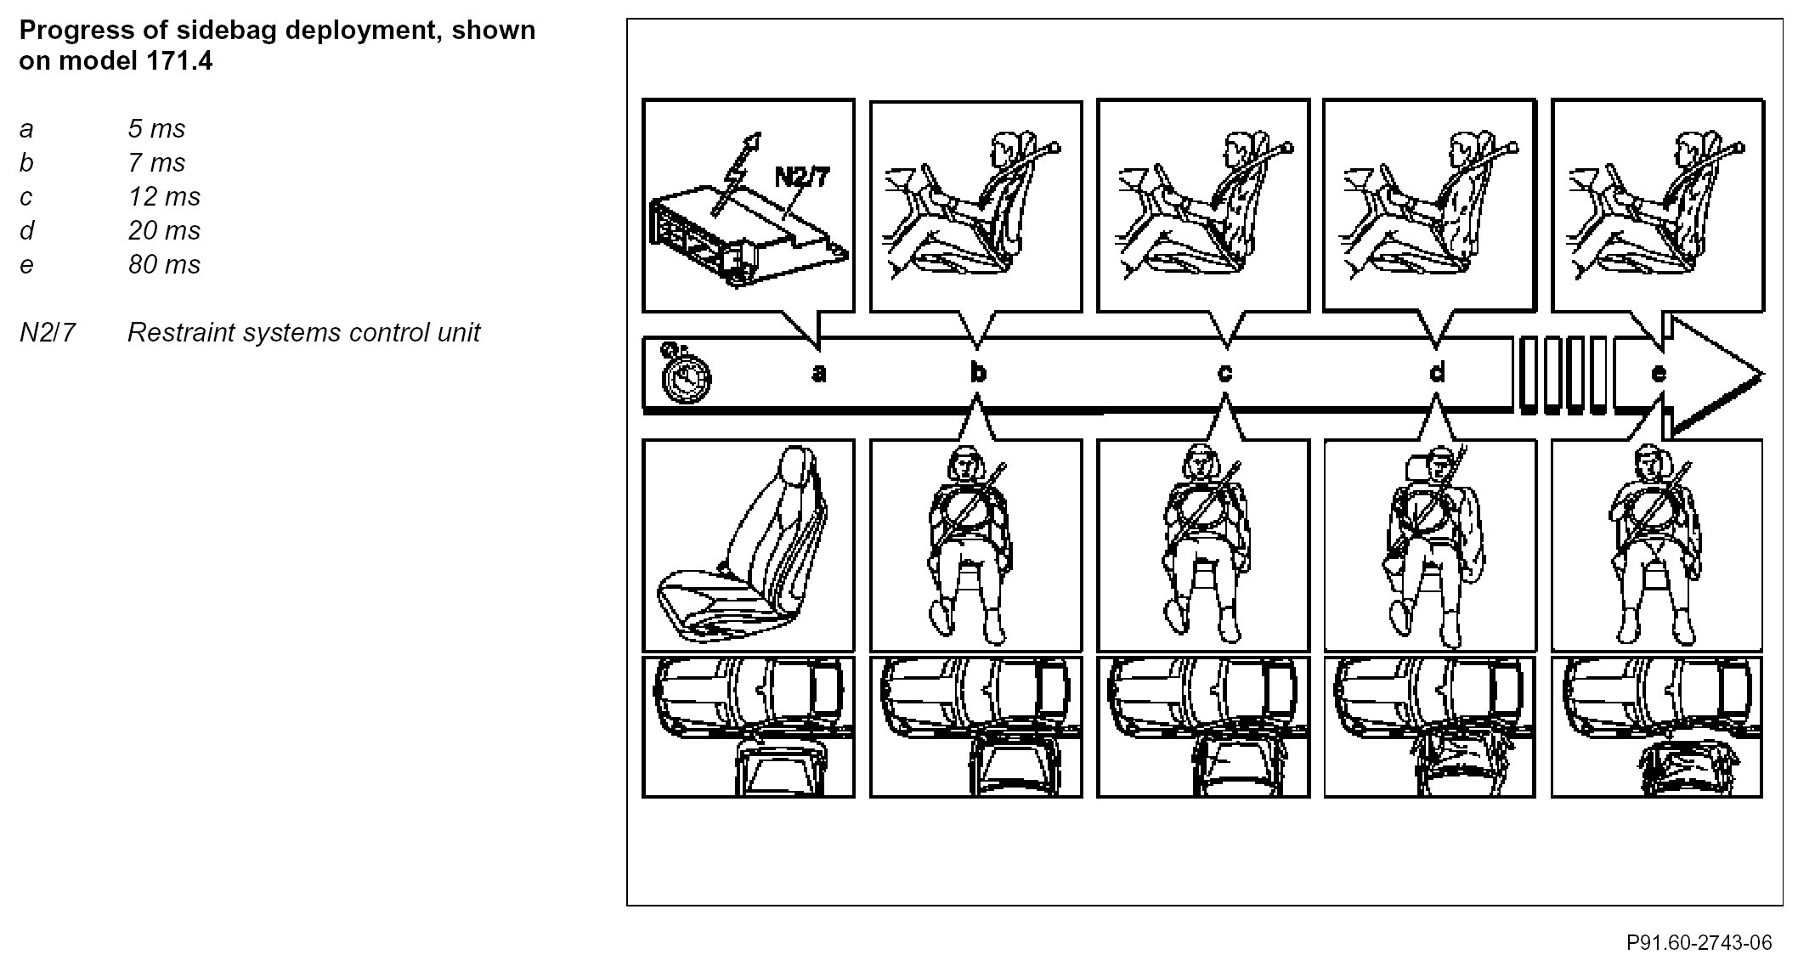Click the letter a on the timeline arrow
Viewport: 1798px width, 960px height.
click(819, 373)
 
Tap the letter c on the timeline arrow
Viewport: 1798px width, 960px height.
click(1224, 373)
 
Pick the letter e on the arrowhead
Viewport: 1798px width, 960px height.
click(1658, 373)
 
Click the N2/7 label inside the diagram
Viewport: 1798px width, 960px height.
click(801, 178)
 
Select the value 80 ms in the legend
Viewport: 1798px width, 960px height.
click(164, 264)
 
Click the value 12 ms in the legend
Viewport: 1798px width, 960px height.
click(164, 196)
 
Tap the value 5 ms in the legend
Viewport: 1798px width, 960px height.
click(156, 128)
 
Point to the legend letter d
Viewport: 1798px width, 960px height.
click(27, 230)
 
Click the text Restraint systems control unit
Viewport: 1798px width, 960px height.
click(303, 332)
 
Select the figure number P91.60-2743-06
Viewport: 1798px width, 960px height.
click(1699, 942)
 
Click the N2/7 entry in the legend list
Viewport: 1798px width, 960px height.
click(48, 332)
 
